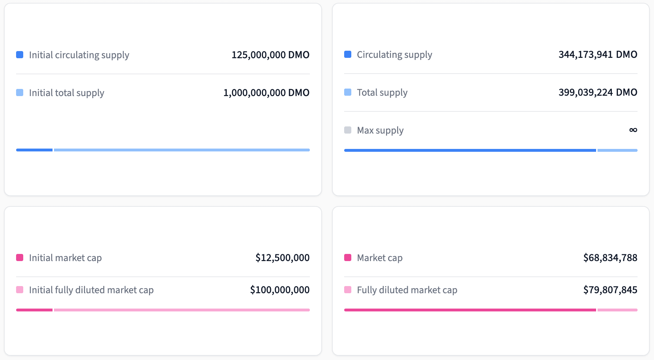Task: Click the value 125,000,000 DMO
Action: tap(270, 55)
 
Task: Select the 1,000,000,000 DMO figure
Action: tap(266, 92)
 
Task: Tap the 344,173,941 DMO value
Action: tap(598, 54)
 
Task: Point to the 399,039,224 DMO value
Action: tap(598, 92)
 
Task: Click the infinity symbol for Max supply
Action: tap(633, 130)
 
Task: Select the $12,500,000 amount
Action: tap(282, 257)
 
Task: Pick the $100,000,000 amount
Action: tap(279, 290)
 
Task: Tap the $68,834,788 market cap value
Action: tap(610, 257)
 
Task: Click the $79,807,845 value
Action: tap(610, 290)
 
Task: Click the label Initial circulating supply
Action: tap(79, 55)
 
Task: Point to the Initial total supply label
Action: tap(66, 93)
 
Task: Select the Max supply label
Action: tap(380, 130)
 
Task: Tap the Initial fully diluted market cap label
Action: tap(91, 290)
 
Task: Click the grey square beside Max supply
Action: tap(348, 130)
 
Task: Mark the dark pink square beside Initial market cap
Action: tap(20, 257)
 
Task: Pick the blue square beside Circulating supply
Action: tap(348, 54)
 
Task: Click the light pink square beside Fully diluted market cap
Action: tap(348, 290)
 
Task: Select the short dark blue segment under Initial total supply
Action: tap(34, 150)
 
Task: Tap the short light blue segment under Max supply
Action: tap(617, 150)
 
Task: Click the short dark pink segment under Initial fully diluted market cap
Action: tap(34, 310)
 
